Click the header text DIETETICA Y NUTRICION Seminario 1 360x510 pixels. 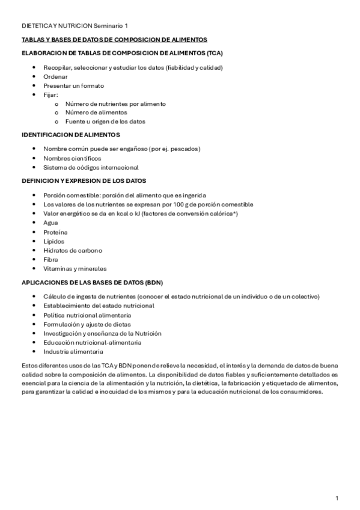75,26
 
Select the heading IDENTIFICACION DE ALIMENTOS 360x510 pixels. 71,135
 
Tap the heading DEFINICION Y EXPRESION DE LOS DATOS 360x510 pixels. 84,181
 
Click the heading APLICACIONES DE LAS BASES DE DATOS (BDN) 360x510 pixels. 92,283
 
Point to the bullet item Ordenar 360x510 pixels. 55,76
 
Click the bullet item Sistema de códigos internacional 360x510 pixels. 91,167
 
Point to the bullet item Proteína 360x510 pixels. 55,232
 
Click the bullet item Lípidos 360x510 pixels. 54,241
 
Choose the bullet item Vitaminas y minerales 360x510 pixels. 75,269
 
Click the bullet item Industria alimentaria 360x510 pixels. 73,352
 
